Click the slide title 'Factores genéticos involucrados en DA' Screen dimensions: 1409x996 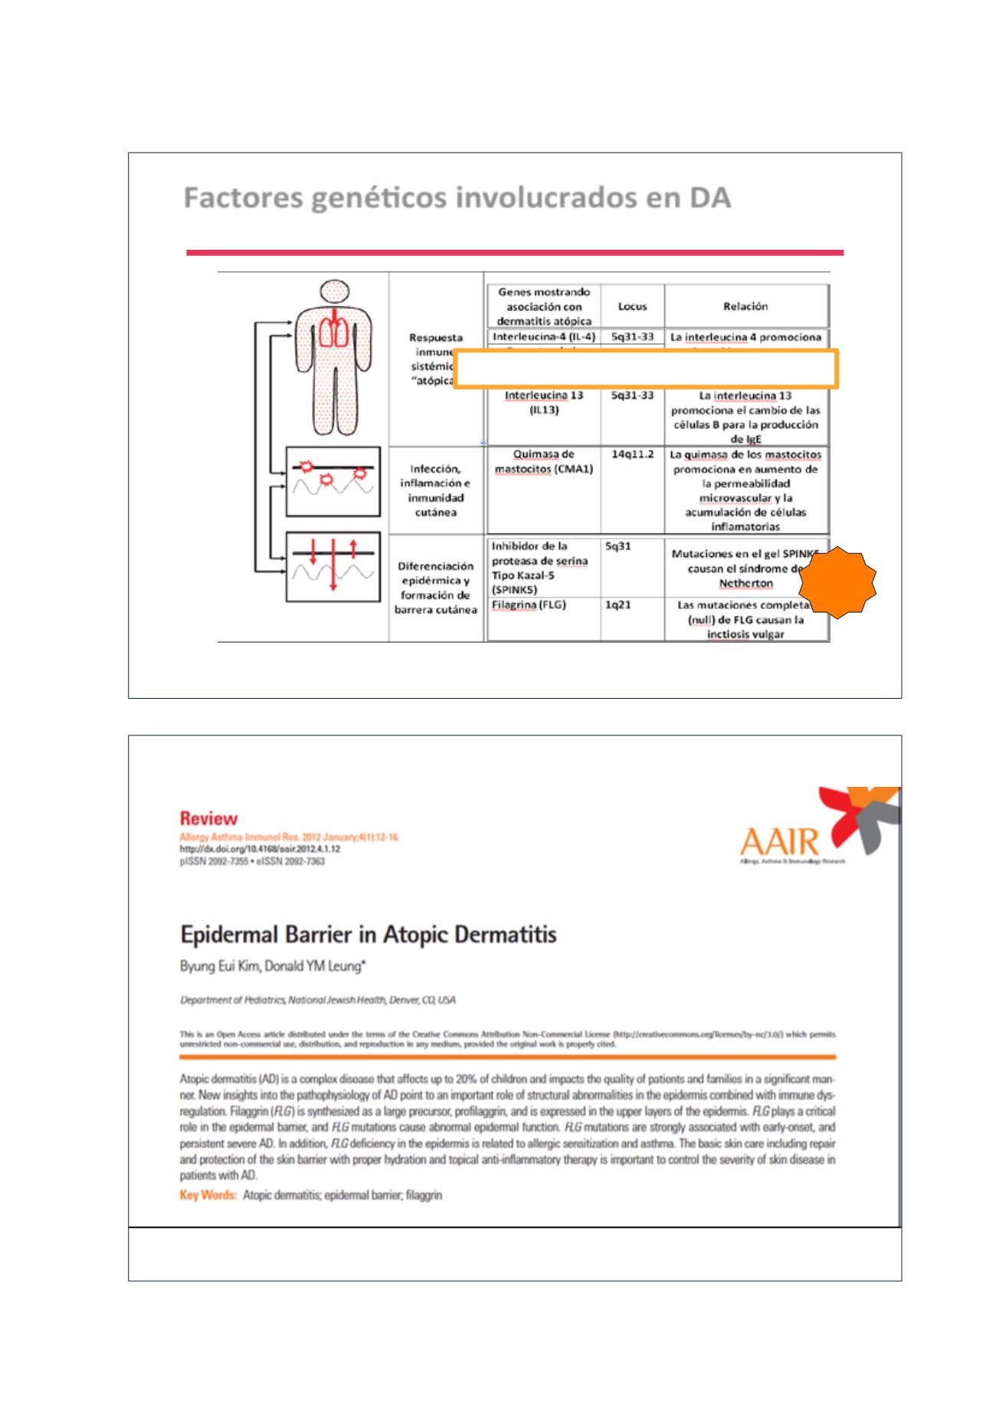(457, 199)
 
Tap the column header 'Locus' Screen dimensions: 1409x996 (632, 306)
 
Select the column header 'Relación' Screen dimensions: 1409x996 (745, 306)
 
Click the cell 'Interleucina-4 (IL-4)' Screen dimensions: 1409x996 (543, 337)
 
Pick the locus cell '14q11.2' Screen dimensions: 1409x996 (632, 454)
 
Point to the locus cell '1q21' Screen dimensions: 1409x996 (618, 605)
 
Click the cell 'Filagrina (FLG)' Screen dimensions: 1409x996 (529, 605)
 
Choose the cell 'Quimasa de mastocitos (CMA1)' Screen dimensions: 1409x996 (543, 461)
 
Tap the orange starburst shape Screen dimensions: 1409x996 (837, 582)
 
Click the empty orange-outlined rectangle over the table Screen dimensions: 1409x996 (645, 369)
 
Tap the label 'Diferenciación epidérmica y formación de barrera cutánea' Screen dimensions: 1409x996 (435, 588)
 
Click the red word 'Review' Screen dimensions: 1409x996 (208, 818)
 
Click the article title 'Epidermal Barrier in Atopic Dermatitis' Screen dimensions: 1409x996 (368, 935)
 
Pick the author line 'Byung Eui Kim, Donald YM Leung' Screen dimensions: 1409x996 (273, 967)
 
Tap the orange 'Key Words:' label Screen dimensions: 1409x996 (208, 1195)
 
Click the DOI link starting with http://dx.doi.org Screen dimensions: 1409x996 (260, 850)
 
